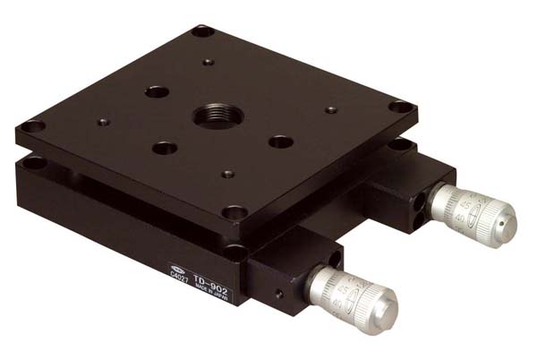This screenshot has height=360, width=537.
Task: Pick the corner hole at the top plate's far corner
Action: (x=202, y=31)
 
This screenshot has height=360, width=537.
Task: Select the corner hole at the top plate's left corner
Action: (x=33, y=126)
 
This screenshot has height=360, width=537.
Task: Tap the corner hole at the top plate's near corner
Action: (x=235, y=213)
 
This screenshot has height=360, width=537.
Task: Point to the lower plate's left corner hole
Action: (x=36, y=162)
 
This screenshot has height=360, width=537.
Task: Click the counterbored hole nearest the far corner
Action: (x=157, y=91)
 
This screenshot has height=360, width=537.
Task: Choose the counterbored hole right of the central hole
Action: (x=281, y=141)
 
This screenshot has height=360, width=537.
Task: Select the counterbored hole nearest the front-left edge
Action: (x=165, y=148)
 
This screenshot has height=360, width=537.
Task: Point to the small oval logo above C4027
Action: (x=181, y=269)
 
